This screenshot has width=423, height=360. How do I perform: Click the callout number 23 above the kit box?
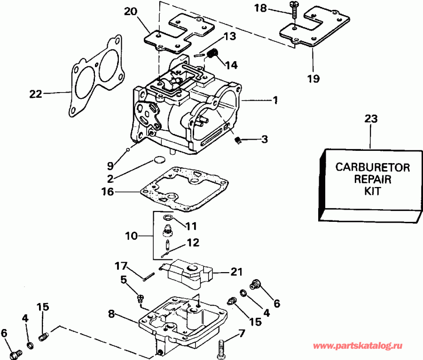(x=371, y=119)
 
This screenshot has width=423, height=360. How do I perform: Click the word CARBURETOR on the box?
(x=372, y=167)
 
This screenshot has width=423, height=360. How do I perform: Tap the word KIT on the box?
(x=372, y=192)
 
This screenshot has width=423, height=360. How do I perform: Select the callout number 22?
(x=36, y=94)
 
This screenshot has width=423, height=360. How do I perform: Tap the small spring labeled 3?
(x=238, y=140)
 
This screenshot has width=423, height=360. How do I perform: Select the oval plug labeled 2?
(x=160, y=160)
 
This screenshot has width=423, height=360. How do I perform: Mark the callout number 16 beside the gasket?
(x=108, y=191)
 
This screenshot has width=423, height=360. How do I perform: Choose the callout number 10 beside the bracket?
(x=132, y=235)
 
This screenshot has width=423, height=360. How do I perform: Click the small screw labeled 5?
(x=140, y=297)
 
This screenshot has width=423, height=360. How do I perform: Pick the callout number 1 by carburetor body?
(x=275, y=100)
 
